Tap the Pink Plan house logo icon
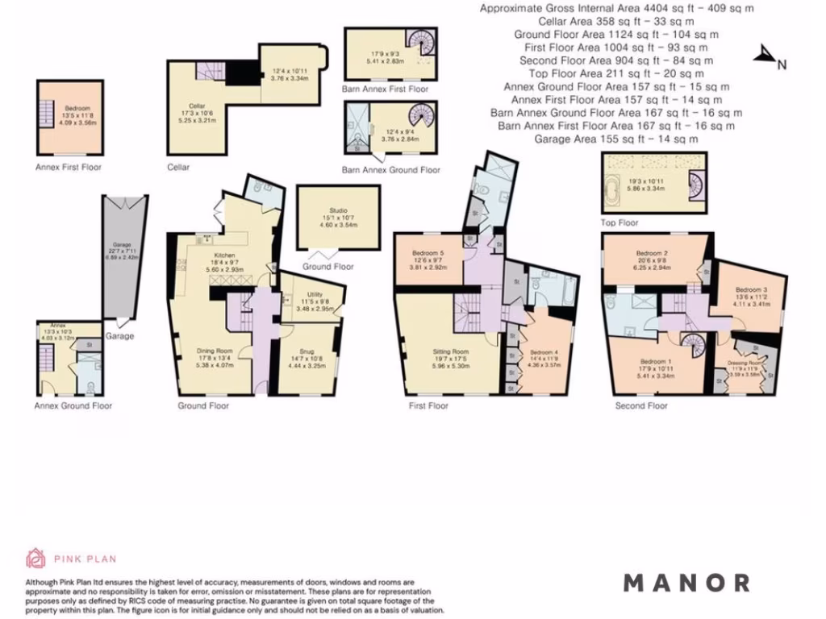[x=35, y=558]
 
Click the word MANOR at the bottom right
[x=686, y=582]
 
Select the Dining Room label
[x=215, y=351]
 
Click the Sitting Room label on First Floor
[x=450, y=351]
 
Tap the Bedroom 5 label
[x=428, y=252]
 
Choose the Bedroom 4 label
[x=544, y=352]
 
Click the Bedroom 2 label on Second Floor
[x=652, y=251]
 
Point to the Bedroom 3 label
[x=751, y=290]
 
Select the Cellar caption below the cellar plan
[x=179, y=168]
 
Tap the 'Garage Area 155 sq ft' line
[x=617, y=139]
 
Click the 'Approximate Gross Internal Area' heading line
[x=617, y=9]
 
